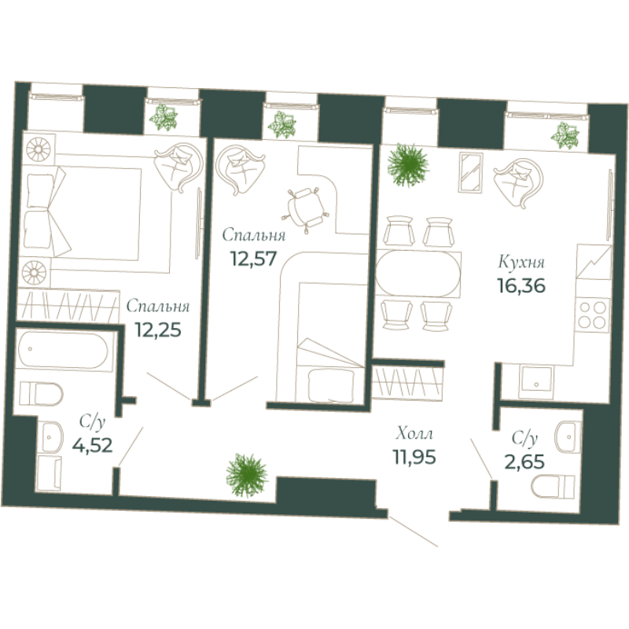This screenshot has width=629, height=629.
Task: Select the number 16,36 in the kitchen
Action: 521,284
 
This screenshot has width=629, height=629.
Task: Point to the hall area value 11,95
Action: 414,454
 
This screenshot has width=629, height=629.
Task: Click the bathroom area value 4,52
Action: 91,447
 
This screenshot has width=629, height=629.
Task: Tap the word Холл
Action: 414,433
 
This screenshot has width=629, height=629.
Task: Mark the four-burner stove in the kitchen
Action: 594,314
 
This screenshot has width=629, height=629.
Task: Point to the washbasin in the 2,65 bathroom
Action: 568,434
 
